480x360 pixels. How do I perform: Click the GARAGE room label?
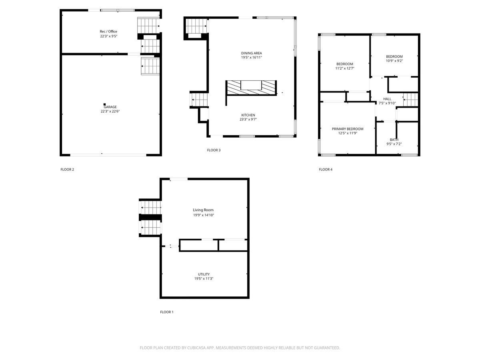click(110, 107)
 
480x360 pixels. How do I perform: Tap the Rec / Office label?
click(108, 32)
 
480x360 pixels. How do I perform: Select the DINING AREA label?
click(252, 53)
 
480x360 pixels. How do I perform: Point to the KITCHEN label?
click(248, 115)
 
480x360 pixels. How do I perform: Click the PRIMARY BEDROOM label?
click(348, 129)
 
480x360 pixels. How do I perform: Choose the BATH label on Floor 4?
click(394, 140)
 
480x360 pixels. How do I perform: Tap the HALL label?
click(387, 99)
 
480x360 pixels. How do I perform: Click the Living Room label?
click(203, 210)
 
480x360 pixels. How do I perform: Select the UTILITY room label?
click(204, 274)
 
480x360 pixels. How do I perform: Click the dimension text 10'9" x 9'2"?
click(394, 61)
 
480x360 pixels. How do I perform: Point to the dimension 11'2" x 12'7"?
click(345, 68)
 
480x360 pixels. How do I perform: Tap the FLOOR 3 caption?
click(214, 150)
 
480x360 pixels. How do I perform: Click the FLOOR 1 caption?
click(167, 312)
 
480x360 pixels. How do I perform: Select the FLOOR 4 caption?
click(326, 169)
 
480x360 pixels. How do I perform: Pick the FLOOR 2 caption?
click(67, 169)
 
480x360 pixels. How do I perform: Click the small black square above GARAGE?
click(104, 104)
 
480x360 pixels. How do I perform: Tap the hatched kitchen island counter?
click(251, 88)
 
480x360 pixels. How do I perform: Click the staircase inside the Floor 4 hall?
click(411, 100)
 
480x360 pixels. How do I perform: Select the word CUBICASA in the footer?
click(196, 348)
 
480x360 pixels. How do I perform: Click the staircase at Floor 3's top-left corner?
click(196, 26)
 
